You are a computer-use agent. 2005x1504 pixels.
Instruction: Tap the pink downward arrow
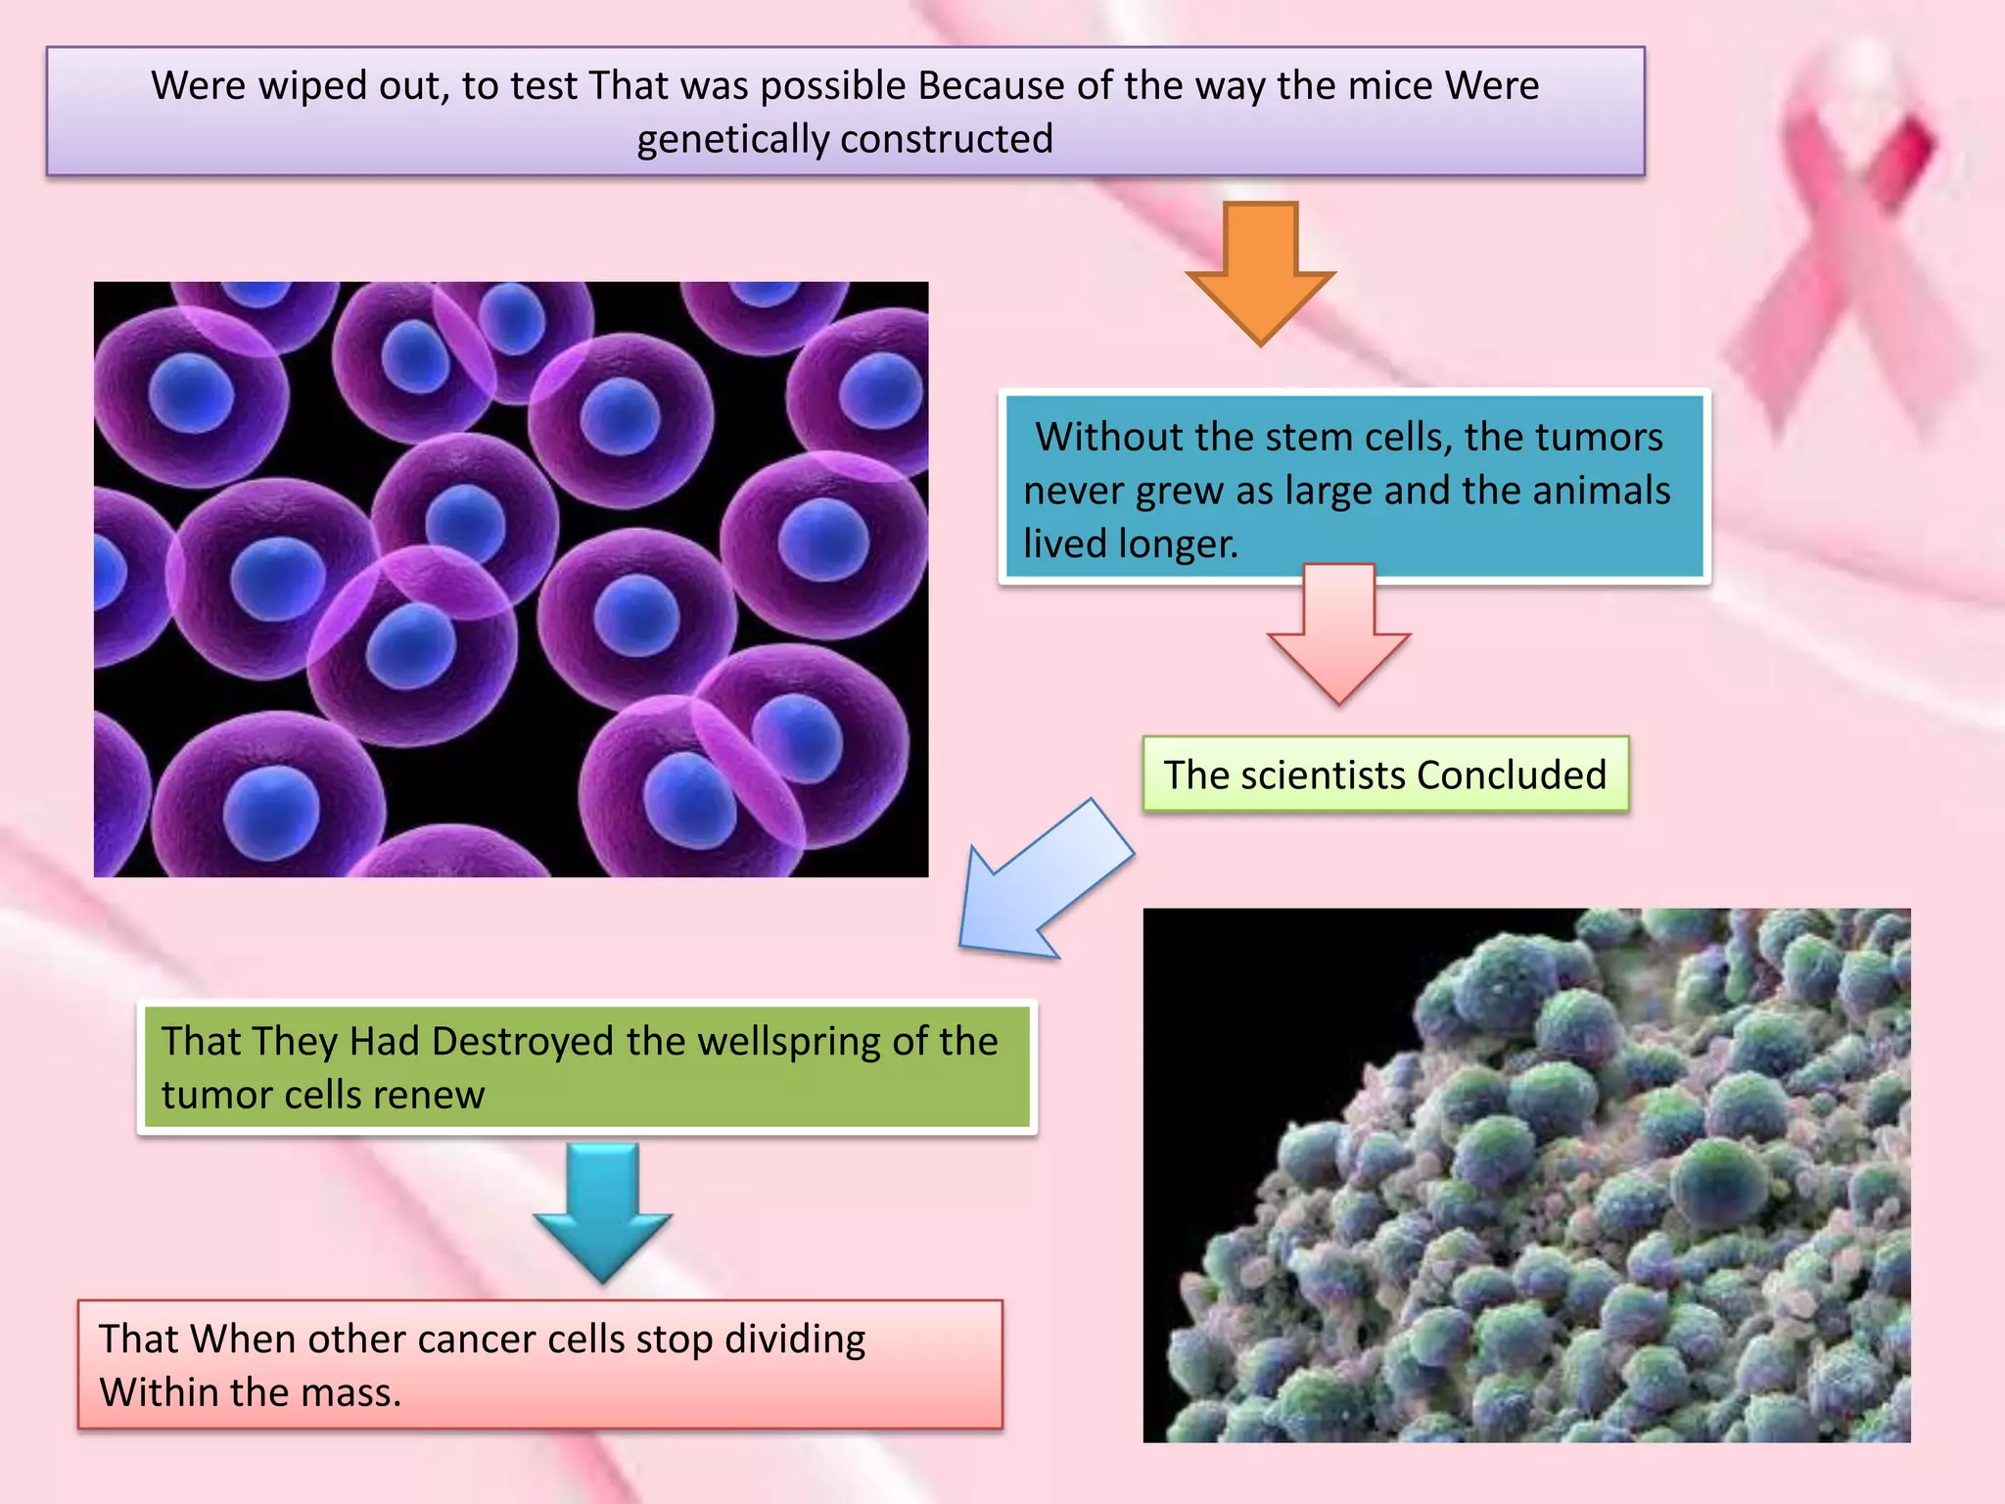[x=1338, y=636]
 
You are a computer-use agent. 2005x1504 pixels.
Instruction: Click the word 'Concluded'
[x=1512, y=775]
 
